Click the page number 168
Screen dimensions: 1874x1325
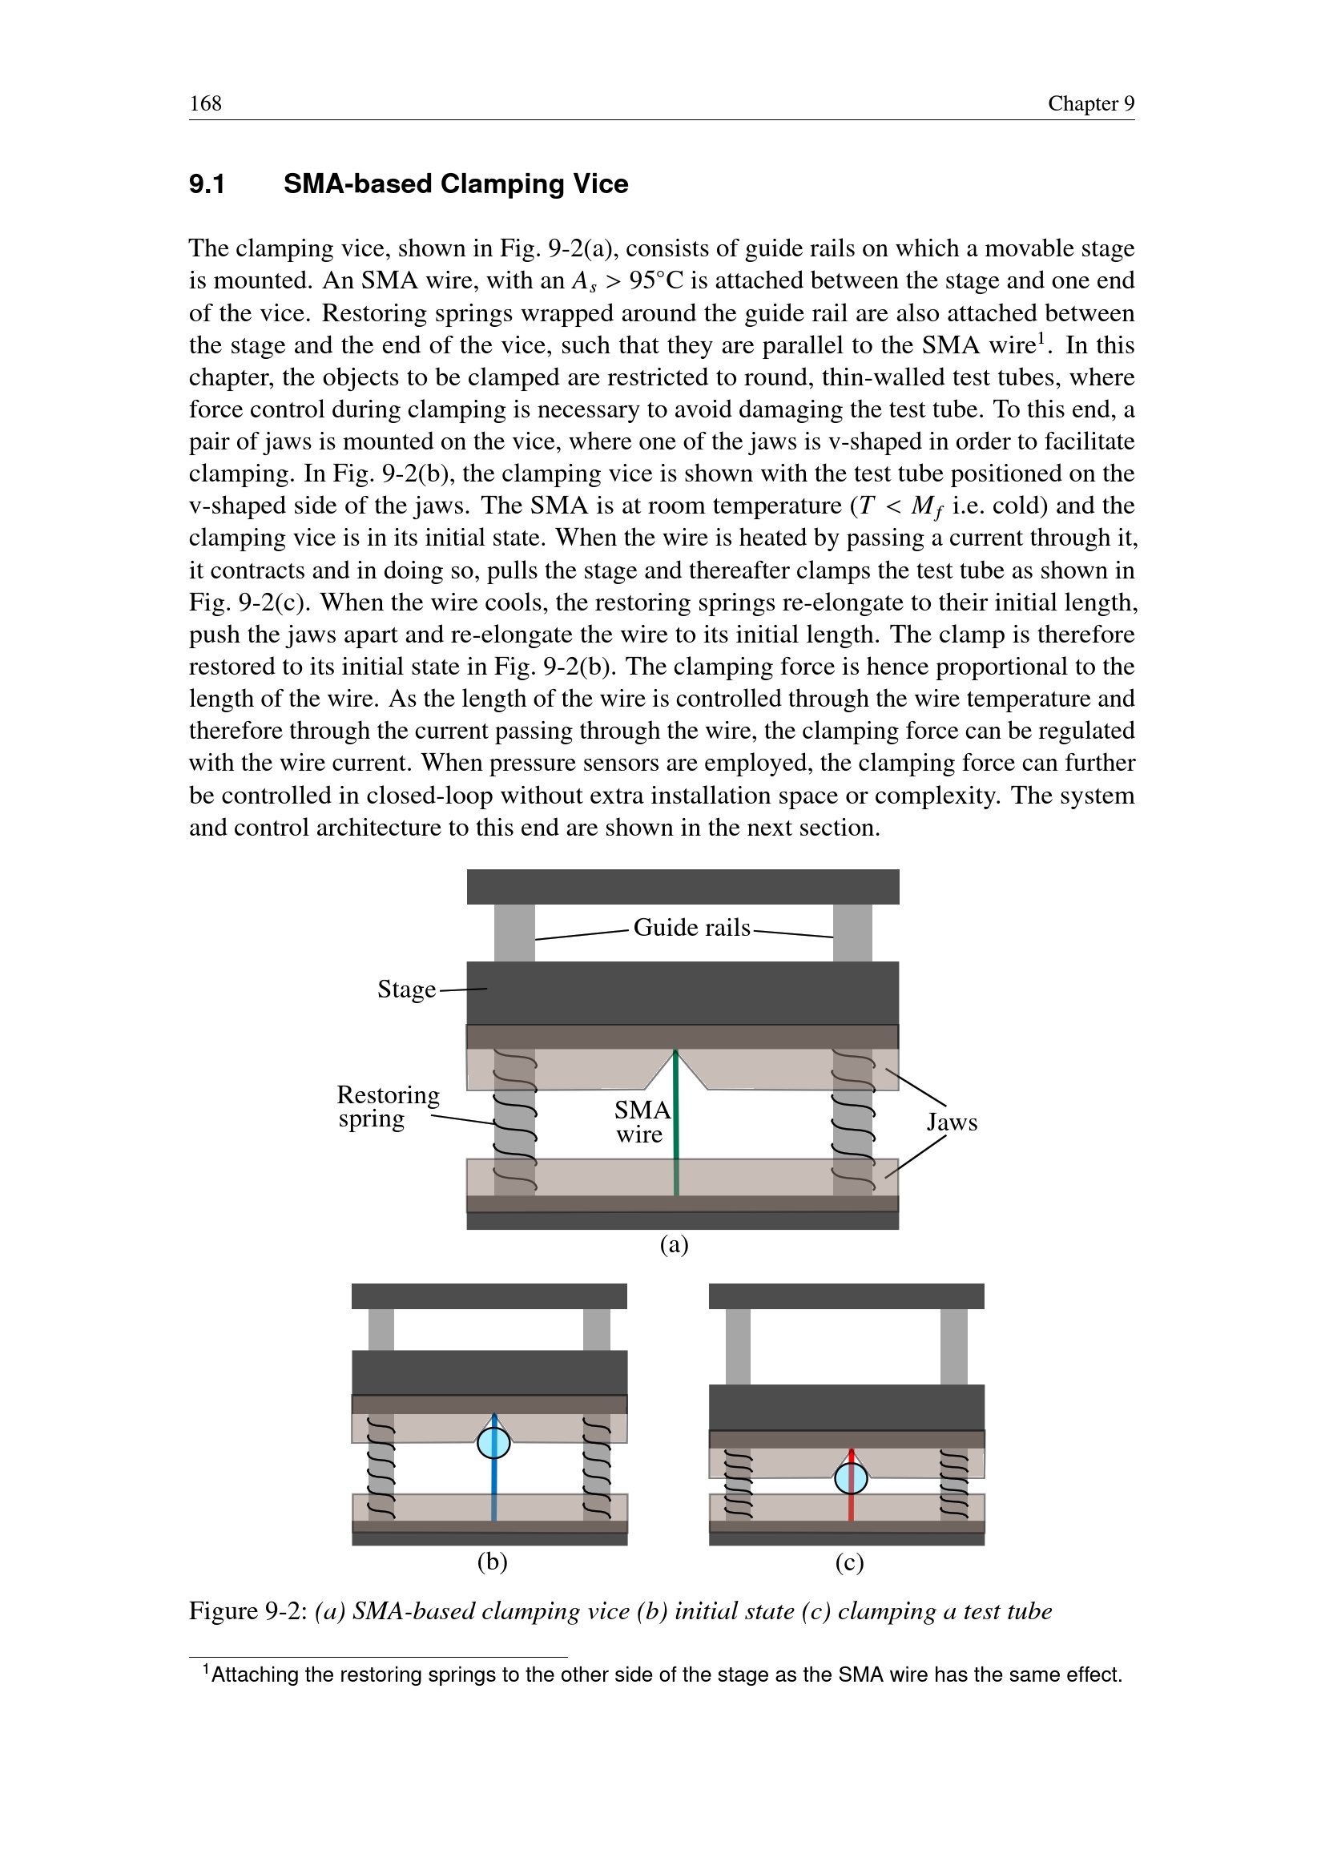206,103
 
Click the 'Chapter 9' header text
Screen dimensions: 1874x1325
1090,103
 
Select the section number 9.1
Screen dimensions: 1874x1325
207,184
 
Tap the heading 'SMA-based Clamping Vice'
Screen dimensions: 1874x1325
455,184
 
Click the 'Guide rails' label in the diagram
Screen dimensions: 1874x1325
691,928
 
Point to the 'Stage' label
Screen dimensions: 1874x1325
406,989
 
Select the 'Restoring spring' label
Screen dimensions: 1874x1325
388,1106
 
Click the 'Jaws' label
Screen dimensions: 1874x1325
952,1122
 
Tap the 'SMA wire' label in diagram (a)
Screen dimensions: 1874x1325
642,1122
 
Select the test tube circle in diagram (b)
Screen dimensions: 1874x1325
493,1443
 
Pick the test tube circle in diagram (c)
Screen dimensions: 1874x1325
851,1478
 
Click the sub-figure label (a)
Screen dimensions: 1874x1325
674,1245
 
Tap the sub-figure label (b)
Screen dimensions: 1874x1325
492,1562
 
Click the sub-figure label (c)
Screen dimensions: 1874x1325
848,1562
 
